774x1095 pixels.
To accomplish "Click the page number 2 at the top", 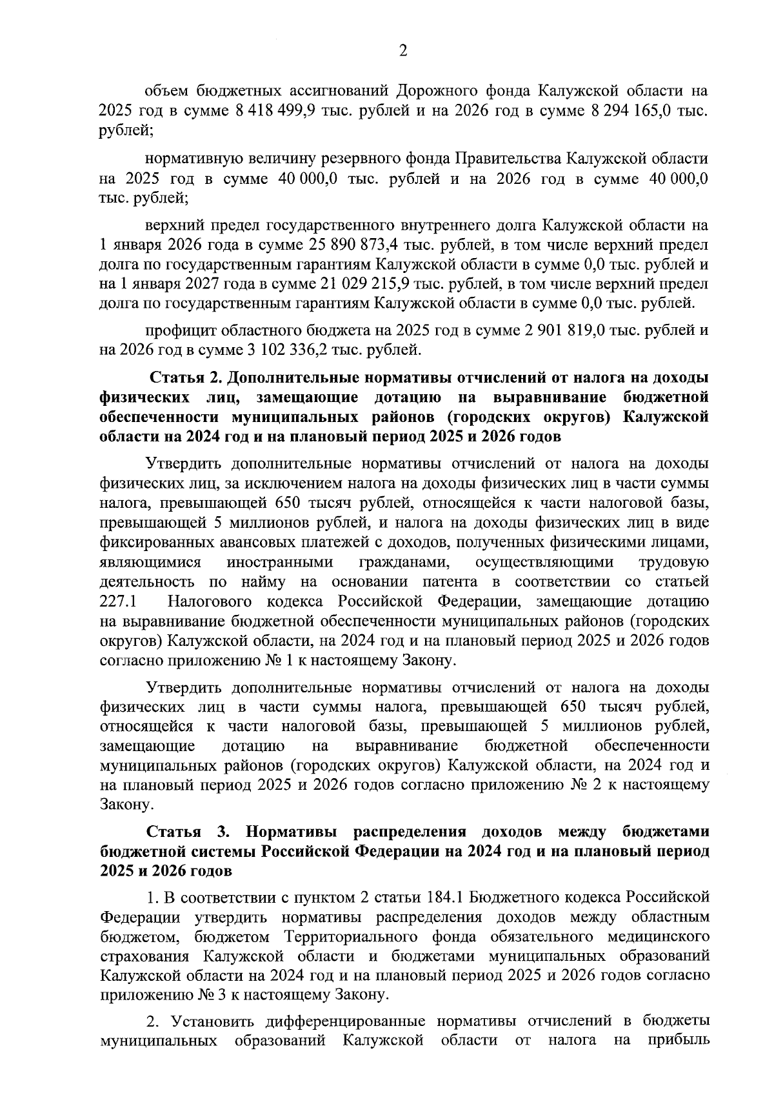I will coord(403,52).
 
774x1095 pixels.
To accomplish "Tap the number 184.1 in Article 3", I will coord(448,898).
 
